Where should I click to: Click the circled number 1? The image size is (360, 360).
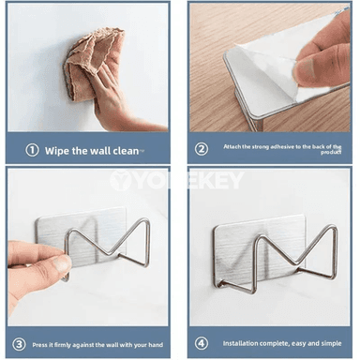point(32,150)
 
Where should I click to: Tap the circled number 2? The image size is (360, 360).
point(202,149)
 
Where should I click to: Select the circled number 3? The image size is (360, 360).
point(19,344)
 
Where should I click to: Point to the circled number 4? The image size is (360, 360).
point(202,343)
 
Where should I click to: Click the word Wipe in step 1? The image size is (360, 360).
point(56,151)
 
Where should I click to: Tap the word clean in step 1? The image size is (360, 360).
point(126,151)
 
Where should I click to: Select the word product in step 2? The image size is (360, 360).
point(331,152)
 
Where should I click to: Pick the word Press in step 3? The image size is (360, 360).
point(39,345)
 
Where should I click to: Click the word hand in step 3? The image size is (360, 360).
point(156,345)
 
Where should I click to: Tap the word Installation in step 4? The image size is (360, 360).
point(240,343)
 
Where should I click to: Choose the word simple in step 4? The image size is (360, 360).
point(331,343)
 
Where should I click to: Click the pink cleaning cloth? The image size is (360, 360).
point(94,59)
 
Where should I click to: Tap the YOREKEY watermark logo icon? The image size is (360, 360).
point(120,180)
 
